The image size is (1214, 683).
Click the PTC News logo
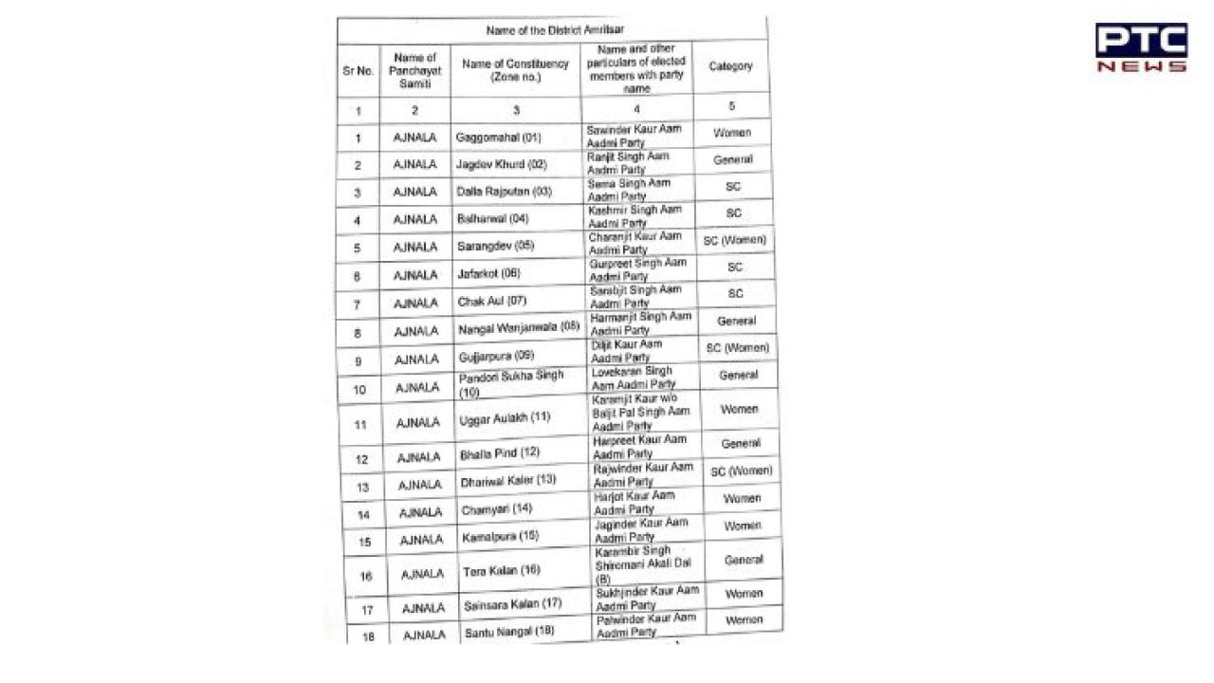(x=1140, y=48)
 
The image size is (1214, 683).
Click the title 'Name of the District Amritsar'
(x=555, y=30)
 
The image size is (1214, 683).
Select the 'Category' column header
(x=730, y=66)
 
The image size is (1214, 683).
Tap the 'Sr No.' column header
(x=359, y=71)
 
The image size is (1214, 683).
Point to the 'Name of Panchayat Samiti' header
(x=414, y=71)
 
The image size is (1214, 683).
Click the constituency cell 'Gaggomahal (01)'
(x=498, y=138)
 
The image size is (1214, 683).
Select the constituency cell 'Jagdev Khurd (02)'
(x=501, y=164)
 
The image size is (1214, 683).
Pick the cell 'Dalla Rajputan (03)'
(x=504, y=192)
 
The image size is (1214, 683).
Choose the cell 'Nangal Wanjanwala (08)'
(x=518, y=329)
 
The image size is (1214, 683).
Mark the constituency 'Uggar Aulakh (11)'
(x=505, y=417)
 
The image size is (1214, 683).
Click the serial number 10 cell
(x=360, y=390)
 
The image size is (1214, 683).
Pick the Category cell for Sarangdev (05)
(x=734, y=241)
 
